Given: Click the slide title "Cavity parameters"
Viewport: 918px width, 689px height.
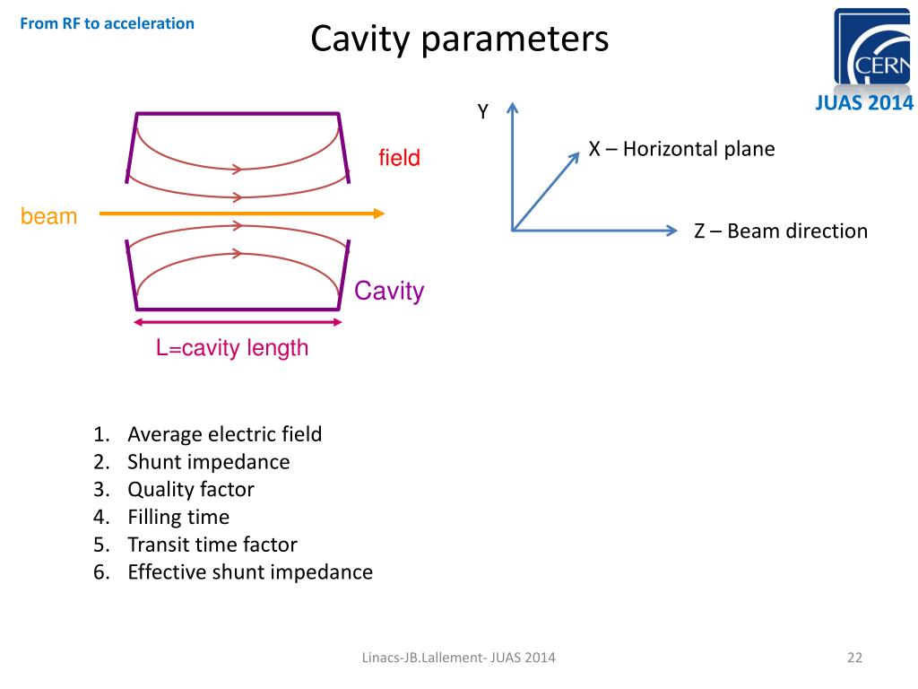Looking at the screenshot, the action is tap(459, 39).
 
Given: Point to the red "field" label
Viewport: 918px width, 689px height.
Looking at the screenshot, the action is tap(399, 159).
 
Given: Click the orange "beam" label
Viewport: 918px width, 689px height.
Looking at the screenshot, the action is tap(48, 216).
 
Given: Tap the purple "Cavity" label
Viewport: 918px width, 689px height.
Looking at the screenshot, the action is tap(388, 292).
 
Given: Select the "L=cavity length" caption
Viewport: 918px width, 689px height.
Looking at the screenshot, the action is tap(232, 348).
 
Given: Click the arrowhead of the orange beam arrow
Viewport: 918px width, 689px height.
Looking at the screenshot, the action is tap(380, 214).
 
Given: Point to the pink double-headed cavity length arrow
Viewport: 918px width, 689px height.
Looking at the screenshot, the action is tap(238, 322).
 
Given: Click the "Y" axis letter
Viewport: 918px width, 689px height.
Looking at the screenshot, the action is tap(482, 112).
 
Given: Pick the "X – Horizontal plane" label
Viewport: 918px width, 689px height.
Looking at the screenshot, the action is tap(681, 149).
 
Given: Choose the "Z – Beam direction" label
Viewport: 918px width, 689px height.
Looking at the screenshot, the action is tap(781, 231).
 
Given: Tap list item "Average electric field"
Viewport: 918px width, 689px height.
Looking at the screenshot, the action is tap(224, 435).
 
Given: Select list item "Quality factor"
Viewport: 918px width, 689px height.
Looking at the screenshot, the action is tap(191, 490).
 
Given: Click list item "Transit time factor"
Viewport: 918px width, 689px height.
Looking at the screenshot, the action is tap(212, 545).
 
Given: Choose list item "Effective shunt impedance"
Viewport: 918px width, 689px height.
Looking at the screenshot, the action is tap(250, 572).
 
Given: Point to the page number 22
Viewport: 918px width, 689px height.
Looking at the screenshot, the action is tap(853, 658).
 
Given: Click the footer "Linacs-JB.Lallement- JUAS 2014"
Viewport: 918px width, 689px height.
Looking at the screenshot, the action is tap(458, 658).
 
